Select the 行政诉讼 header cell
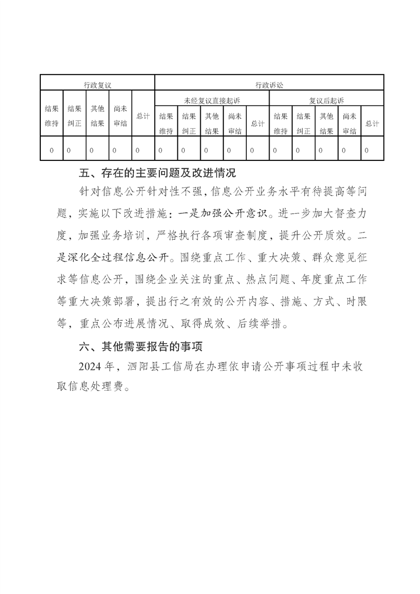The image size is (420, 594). [269, 84]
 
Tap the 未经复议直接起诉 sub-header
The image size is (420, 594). [211, 99]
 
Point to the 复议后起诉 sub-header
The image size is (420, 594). [326, 99]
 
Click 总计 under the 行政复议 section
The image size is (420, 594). [142, 116]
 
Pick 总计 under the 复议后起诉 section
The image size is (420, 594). [372, 123]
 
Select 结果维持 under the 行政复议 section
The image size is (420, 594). [51, 116]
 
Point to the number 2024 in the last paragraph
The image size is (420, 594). [88, 366]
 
